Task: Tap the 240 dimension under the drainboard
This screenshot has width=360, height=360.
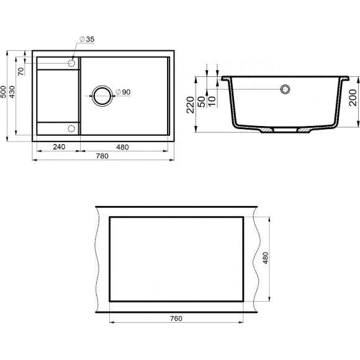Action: (x=59, y=146)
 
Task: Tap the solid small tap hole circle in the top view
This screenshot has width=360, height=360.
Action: (x=71, y=63)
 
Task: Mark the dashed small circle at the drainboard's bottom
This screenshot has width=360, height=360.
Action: (x=71, y=128)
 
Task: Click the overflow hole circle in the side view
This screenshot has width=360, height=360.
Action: (x=286, y=89)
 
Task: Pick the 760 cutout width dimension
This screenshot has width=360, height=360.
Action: (x=176, y=318)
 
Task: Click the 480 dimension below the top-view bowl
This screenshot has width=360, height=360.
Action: (x=122, y=146)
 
